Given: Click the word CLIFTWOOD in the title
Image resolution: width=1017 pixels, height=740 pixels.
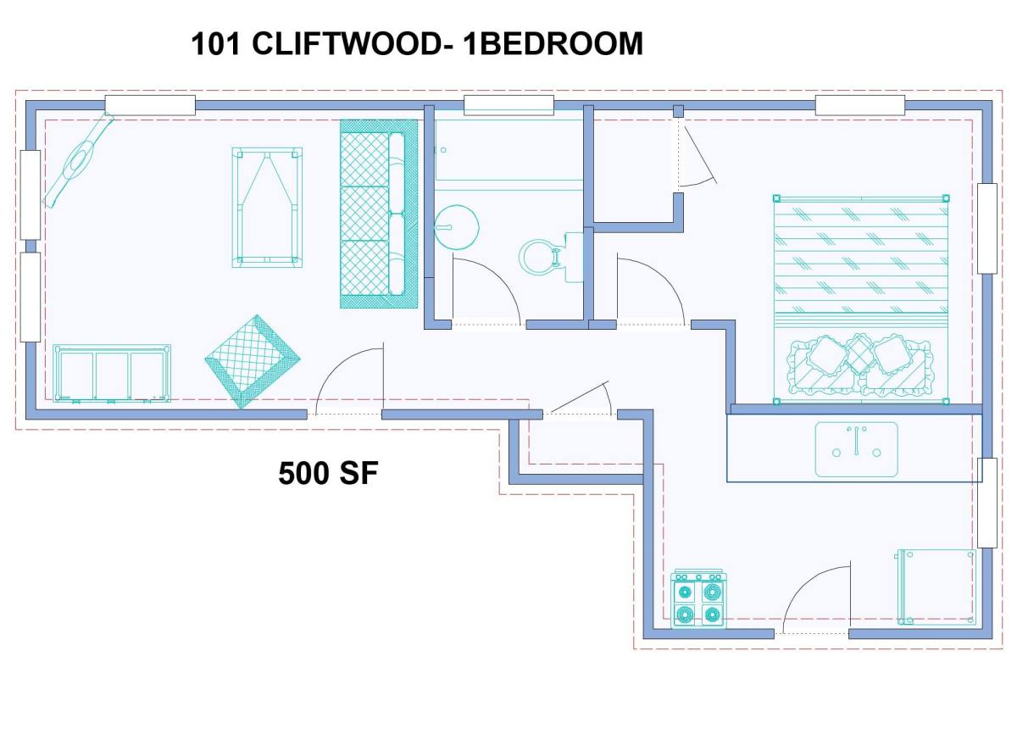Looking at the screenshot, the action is [x=345, y=44].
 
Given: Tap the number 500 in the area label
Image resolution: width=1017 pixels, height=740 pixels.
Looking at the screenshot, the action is [x=305, y=474].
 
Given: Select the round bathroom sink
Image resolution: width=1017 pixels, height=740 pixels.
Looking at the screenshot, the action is [x=456, y=227].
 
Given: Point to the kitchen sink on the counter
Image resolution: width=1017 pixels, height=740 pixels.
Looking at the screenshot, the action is [x=856, y=449].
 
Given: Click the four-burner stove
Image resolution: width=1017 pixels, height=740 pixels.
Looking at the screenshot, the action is [x=698, y=598].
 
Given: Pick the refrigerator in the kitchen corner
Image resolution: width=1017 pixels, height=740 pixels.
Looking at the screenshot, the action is [x=936, y=587].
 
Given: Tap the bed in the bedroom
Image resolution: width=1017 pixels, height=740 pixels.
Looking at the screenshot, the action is [x=861, y=299].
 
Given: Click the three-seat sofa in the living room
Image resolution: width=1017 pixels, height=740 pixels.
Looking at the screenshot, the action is [x=379, y=214].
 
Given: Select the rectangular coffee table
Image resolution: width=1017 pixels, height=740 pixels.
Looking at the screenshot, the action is [x=267, y=208].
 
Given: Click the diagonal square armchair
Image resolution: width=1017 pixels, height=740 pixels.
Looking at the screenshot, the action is [x=253, y=361].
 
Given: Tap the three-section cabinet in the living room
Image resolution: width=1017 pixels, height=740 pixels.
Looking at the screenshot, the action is [x=112, y=373].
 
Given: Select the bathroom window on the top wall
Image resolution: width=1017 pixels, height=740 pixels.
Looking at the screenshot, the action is [x=508, y=105].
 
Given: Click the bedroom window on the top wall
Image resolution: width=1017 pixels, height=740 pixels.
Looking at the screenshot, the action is [x=860, y=105].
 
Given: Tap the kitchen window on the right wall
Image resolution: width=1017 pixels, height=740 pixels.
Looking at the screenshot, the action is [x=987, y=503].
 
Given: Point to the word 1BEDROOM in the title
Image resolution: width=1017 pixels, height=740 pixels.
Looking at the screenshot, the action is [x=553, y=44].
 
